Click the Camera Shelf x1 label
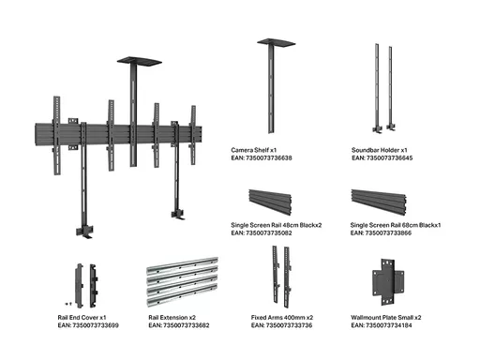point(254,150)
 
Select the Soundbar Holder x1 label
point(380,150)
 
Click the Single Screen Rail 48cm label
point(277,225)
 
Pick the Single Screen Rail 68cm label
point(396,225)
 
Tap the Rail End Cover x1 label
point(82,318)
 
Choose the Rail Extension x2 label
point(172,318)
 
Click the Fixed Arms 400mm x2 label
point(282,318)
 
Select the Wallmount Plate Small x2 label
point(386,318)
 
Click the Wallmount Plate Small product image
point(388,282)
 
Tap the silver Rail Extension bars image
point(183,282)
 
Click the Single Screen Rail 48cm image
point(270,202)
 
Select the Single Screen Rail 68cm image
point(379,202)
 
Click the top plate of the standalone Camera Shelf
point(277,43)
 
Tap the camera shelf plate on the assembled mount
point(140,61)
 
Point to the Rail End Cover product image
point(86,286)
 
